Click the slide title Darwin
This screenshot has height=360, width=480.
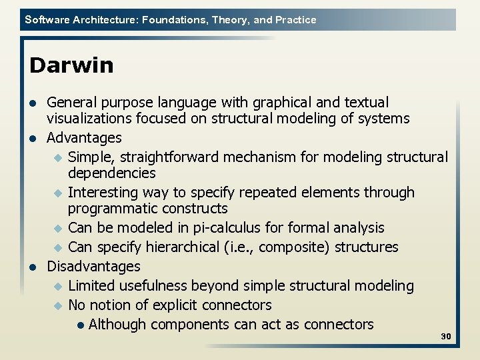71,65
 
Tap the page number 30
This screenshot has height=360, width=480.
446,337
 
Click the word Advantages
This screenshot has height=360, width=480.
84,138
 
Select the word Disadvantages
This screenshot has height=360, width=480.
93,267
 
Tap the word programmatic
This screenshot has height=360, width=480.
111,209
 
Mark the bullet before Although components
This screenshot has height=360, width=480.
80,325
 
